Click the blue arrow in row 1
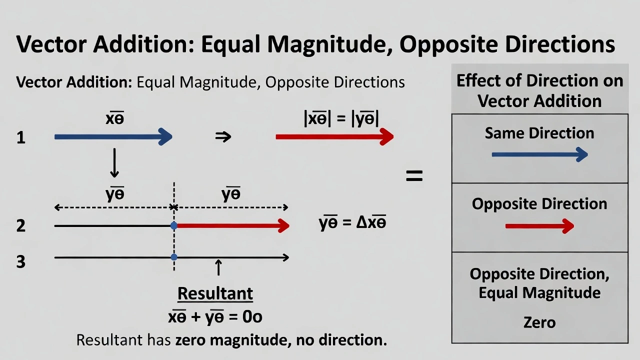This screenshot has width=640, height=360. pyautogui.click(x=113, y=136)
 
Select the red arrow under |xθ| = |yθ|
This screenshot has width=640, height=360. pyautogui.click(x=334, y=136)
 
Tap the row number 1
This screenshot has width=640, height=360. pyautogui.click(x=20, y=137)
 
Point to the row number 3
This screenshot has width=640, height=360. pyautogui.click(x=20, y=261)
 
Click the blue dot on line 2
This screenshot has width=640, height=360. pyautogui.click(x=174, y=226)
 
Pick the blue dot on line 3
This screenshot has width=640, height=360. pyautogui.click(x=174, y=257)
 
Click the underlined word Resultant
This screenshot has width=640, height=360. pyautogui.click(x=215, y=293)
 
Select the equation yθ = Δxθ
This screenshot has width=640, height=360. pyautogui.click(x=352, y=222)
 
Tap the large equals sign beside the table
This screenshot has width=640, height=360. pyautogui.click(x=414, y=176)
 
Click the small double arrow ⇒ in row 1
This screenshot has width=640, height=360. pyautogui.click(x=223, y=137)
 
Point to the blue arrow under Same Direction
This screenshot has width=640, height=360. pyautogui.click(x=539, y=155)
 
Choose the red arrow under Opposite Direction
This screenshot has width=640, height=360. pyautogui.click(x=539, y=226)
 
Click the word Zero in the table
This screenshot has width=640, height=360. pyautogui.click(x=539, y=322)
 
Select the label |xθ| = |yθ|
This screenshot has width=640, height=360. pyautogui.click(x=341, y=119)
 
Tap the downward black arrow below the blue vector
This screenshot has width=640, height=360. pyautogui.click(x=114, y=162)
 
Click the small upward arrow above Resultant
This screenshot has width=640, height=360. pyautogui.click(x=218, y=267)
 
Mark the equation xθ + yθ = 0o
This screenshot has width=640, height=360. pyautogui.click(x=215, y=316)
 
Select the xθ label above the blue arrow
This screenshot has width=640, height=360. pyautogui.click(x=114, y=118)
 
